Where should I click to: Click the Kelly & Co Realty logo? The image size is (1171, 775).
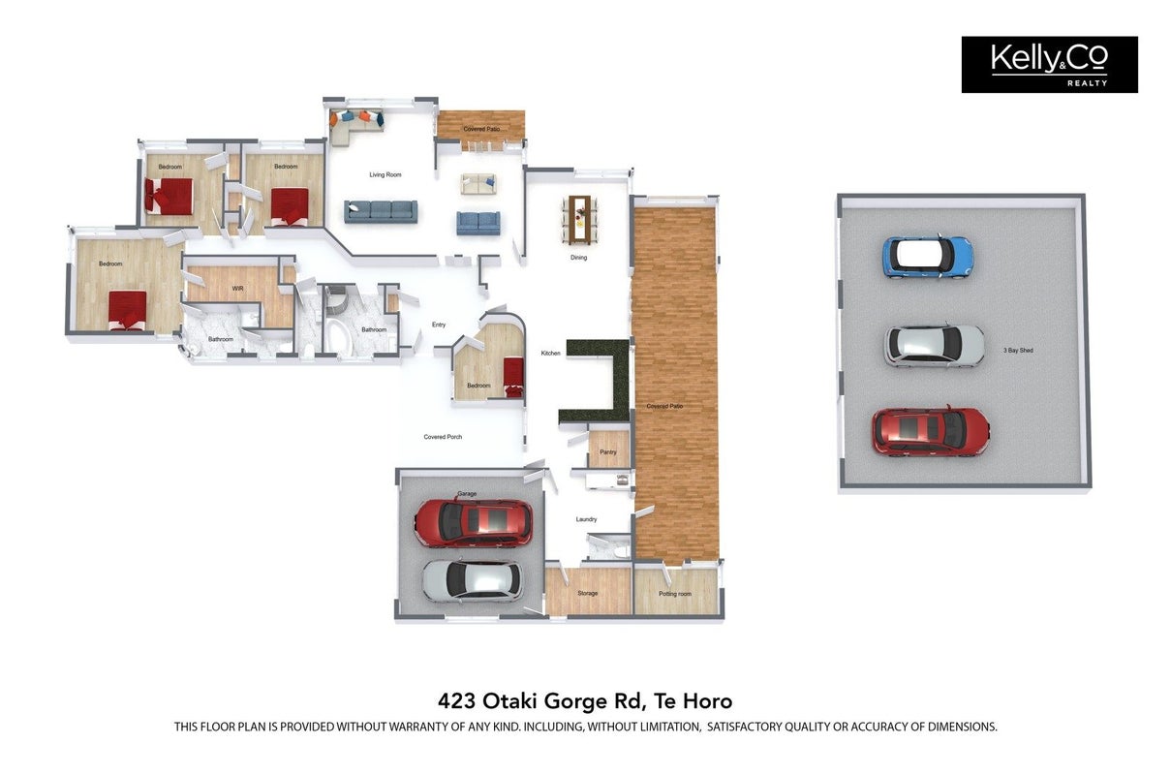tap(1049, 65)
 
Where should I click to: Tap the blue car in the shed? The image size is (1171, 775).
tap(928, 258)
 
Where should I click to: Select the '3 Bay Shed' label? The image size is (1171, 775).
tap(1018, 351)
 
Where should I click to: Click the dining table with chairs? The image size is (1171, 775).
tap(580, 220)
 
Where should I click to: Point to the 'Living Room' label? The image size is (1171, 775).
tap(385, 174)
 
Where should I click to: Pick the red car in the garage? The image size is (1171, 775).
tap(474, 523)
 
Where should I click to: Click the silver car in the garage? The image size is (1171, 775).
tap(472, 581)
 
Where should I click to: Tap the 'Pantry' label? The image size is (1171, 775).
tap(608, 451)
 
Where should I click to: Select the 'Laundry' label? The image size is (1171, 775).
tap(586, 519)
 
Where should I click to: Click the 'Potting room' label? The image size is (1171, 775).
tap(675, 594)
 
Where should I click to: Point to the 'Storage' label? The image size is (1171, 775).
tap(588, 593)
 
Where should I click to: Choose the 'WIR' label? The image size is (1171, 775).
tap(238, 288)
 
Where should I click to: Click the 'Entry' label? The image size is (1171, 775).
tap(439, 325)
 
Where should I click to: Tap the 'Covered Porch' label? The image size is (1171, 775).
tap(443, 437)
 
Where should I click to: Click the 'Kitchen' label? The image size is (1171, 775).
tap(550, 353)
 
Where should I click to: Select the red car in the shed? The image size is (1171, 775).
tap(931, 432)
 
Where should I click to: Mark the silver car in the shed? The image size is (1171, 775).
tap(935, 345)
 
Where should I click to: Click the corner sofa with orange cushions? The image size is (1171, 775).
tap(356, 126)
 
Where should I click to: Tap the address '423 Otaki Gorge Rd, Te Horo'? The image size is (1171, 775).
tap(585, 700)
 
